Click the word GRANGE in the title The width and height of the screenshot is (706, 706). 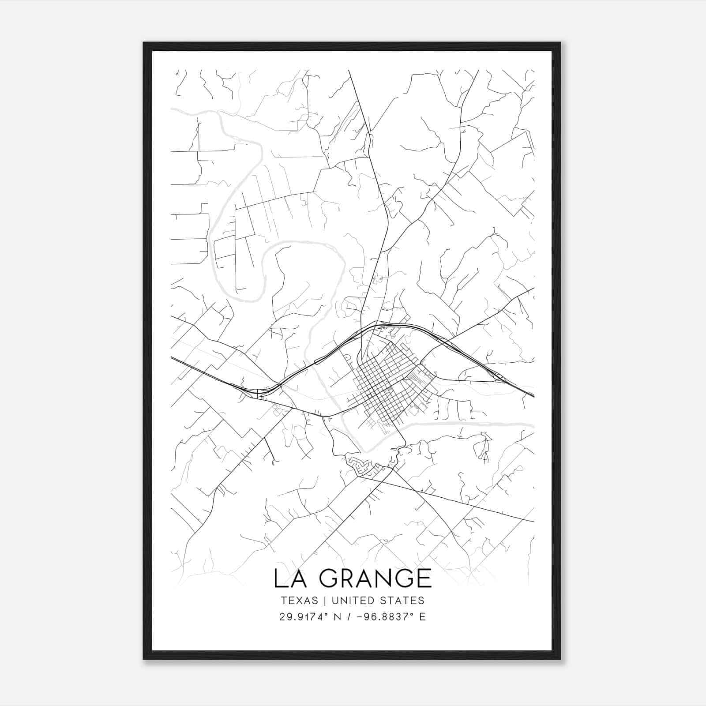[x=376, y=578]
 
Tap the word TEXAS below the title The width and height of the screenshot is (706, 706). [x=299, y=601]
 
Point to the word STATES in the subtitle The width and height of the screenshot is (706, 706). [x=402, y=601]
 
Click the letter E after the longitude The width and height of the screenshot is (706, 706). [x=423, y=617]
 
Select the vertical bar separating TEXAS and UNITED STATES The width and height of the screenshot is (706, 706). [x=325, y=601]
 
